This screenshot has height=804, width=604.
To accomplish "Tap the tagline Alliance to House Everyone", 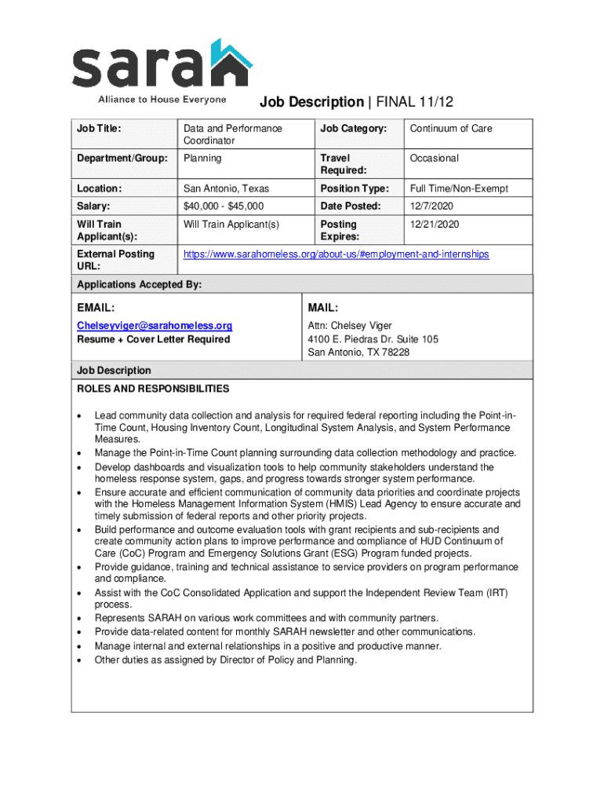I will click(162, 100).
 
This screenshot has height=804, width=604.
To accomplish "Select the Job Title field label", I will click(98, 129).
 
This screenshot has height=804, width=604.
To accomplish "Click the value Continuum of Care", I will click(451, 129).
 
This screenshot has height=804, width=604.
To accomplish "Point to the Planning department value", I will click(202, 159).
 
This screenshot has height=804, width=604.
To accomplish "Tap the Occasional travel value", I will click(434, 159).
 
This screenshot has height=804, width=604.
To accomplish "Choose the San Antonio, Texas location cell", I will click(226, 188).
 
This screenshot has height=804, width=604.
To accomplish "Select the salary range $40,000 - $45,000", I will click(224, 206).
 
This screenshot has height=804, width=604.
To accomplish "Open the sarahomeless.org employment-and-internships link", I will click(336, 254).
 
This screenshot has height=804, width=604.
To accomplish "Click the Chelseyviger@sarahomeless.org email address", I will click(155, 326).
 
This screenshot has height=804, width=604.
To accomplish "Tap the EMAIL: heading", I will click(96, 307).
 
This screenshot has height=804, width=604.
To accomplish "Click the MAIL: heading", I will click(322, 307).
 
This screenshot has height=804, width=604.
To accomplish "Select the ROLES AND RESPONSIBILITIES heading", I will click(153, 389).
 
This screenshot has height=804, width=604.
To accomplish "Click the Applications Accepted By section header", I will click(139, 284).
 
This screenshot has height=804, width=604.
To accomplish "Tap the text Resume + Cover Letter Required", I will click(153, 339).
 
